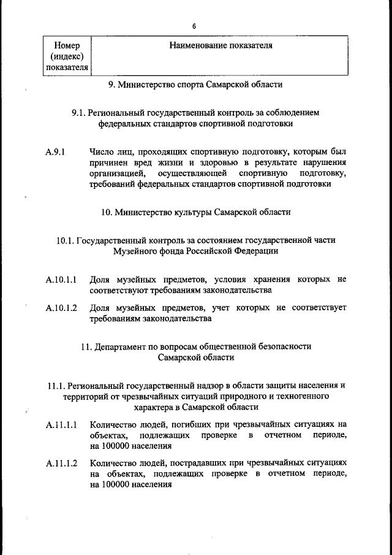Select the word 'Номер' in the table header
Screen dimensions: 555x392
click(x=67, y=45)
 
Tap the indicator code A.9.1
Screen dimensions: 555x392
click(x=56, y=151)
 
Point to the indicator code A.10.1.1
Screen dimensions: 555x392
click(x=61, y=280)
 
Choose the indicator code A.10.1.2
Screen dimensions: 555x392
click(x=61, y=308)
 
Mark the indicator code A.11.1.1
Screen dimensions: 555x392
click(x=61, y=424)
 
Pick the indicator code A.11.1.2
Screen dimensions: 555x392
click(x=61, y=463)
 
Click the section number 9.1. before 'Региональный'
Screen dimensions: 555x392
click(x=78, y=113)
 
